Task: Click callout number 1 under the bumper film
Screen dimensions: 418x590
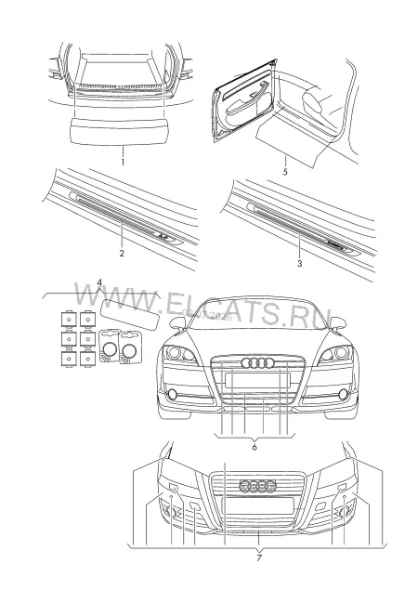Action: coord(123,163)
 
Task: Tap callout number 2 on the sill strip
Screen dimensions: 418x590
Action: coord(122,254)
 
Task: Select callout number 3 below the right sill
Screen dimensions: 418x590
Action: coord(299,264)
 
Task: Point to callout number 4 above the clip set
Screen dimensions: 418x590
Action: coord(99,282)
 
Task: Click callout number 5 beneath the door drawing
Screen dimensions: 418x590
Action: coord(285,172)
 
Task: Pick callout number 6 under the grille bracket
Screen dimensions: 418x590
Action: coord(255,448)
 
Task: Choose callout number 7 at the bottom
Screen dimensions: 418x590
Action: coord(259,558)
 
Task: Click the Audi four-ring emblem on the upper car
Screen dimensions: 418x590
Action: coord(257,363)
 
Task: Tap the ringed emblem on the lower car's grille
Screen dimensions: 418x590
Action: coord(258,486)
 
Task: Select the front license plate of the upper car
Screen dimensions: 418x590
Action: coord(257,380)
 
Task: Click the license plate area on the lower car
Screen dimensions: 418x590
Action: coord(258,505)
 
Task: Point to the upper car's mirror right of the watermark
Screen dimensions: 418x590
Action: coord(337,323)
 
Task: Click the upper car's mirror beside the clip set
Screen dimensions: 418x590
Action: coord(177,324)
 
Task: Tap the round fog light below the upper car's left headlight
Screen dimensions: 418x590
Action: coord(173,394)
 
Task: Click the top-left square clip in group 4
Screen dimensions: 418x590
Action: coord(69,320)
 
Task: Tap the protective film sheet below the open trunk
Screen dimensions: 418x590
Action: coord(121,130)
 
